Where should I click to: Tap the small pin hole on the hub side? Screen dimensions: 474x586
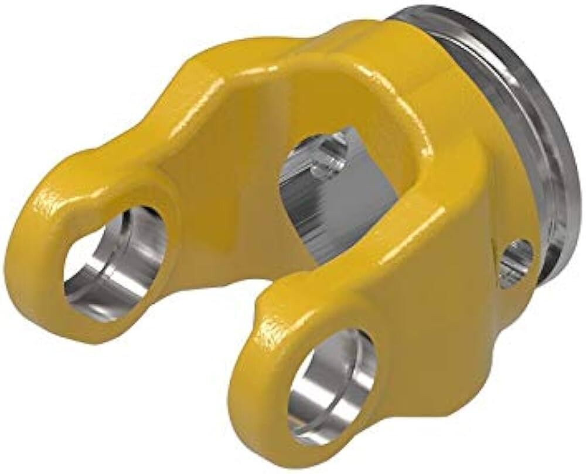pos(518,256)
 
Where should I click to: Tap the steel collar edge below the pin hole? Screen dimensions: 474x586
pos(545,276)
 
